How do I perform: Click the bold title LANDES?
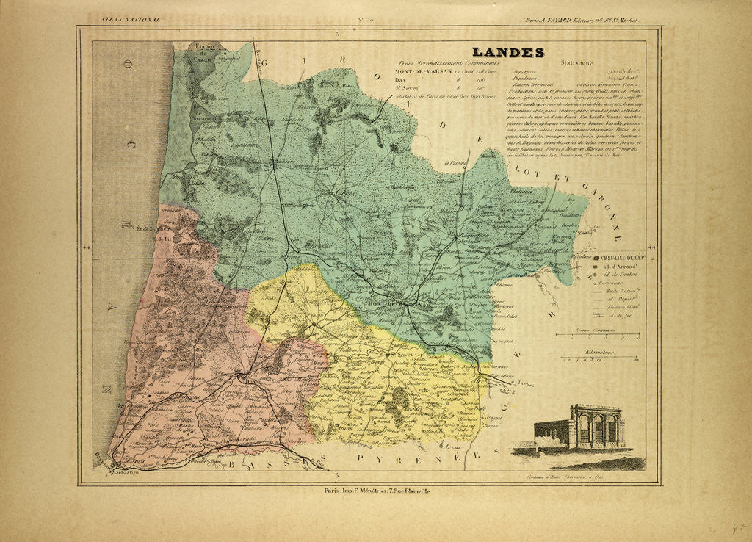coord(507,52)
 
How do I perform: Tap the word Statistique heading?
coord(575,64)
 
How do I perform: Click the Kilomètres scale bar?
coord(599,361)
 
